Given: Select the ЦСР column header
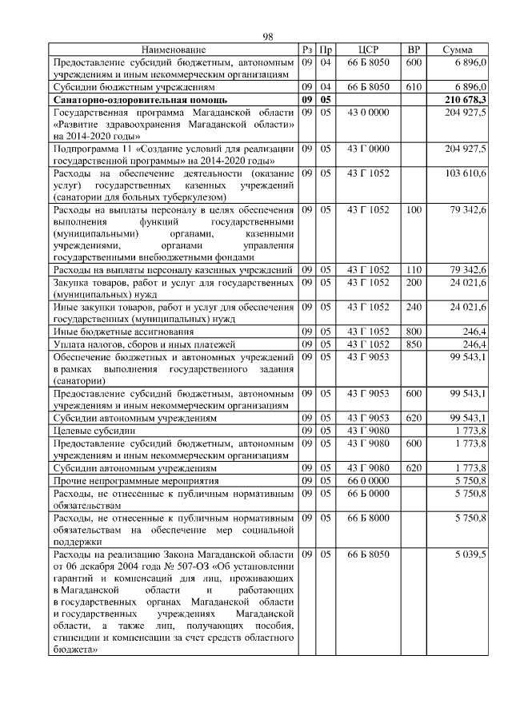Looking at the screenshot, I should click(368, 50).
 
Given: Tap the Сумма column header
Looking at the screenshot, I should click(457, 50).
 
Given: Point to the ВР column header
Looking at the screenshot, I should click(414, 50).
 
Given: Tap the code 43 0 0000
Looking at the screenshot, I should click(368, 113).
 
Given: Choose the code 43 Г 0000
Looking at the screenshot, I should click(368, 149).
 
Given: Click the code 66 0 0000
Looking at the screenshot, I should click(368, 481).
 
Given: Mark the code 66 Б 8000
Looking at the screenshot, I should click(368, 518).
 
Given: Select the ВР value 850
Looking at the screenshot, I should click(414, 344).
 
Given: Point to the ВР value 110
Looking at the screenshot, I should click(414, 269).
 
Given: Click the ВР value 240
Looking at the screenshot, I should click(414, 307).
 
